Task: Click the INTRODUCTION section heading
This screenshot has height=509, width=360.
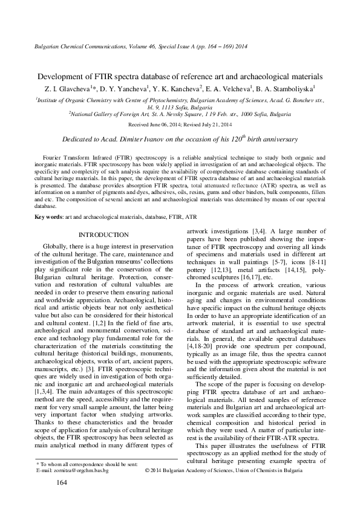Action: [104, 235]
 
